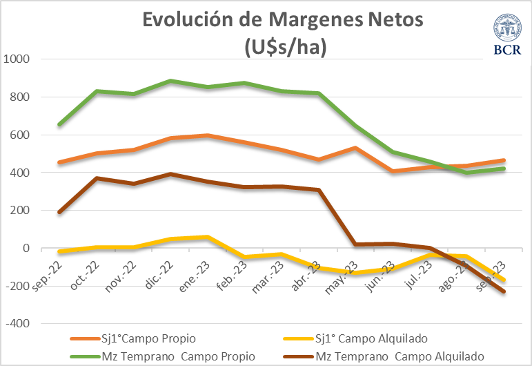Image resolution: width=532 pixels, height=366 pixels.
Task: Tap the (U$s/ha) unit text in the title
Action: (x=284, y=47)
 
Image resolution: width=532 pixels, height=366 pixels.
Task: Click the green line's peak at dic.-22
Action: (x=171, y=81)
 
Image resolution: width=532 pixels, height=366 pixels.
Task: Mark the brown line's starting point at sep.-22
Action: (x=59, y=212)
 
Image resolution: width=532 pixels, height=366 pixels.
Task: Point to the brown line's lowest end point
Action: (x=504, y=291)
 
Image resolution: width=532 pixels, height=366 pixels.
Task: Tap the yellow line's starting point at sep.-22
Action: (x=59, y=252)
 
